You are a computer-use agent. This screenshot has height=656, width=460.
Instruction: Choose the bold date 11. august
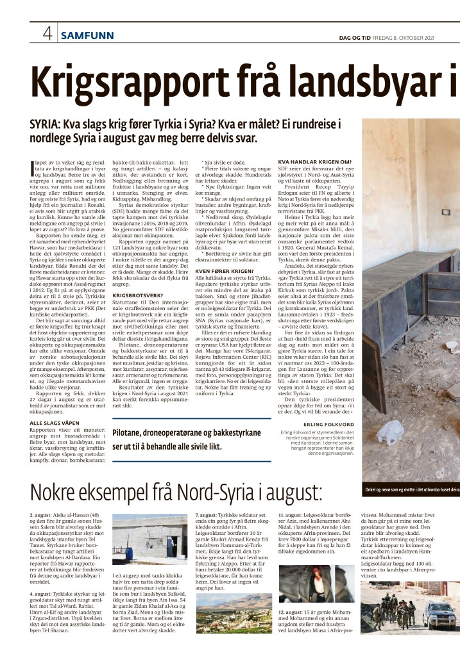click(293, 514)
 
